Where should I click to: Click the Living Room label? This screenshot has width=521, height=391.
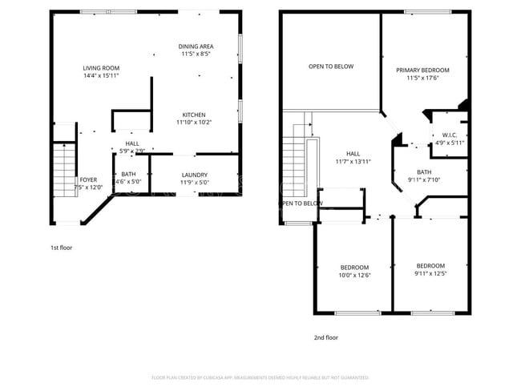click(x=101, y=67)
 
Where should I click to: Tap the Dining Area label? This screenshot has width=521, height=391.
click(x=195, y=46)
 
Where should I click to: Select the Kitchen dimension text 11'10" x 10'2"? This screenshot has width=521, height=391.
click(x=195, y=123)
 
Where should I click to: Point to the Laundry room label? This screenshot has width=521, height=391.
click(x=195, y=175)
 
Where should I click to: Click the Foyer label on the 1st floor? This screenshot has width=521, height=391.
click(x=88, y=179)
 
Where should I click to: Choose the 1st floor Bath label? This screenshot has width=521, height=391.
click(x=128, y=174)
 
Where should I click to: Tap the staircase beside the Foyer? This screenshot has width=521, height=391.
click(x=63, y=170)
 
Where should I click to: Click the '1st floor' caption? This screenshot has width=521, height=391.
click(x=61, y=248)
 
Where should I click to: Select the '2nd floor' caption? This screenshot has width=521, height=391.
click(x=325, y=337)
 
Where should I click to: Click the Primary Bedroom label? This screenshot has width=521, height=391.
click(x=422, y=71)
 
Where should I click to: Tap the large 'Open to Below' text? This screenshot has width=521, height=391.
click(x=330, y=67)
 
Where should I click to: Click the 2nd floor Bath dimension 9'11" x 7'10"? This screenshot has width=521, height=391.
click(x=424, y=179)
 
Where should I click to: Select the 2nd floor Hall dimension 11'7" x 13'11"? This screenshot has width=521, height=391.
click(x=353, y=161)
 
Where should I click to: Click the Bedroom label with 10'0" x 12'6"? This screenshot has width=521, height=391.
click(x=353, y=267)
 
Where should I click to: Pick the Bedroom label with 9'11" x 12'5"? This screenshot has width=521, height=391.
click(x=430, y=265)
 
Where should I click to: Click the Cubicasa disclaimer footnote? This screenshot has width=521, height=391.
click(x=260, y=377)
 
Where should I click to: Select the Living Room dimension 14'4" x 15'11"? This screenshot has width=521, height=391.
click(x=101, y=75)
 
